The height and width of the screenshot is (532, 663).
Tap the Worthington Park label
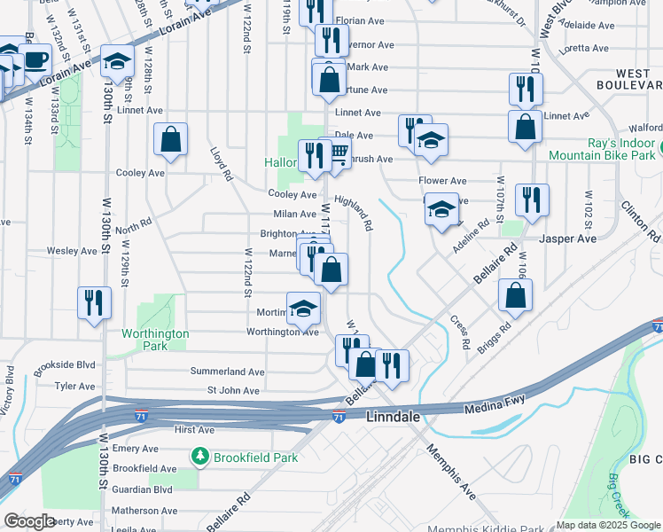click(x=155, y=339)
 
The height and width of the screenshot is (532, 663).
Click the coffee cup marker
click(x=35, y=61)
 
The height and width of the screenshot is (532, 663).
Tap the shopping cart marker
click(x=338, y=154)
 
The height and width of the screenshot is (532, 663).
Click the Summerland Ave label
click(x=229, y=372)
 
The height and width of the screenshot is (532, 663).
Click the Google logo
click(x=30, y=521)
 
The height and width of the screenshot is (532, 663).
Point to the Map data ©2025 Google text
click(x=607, y=525)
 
